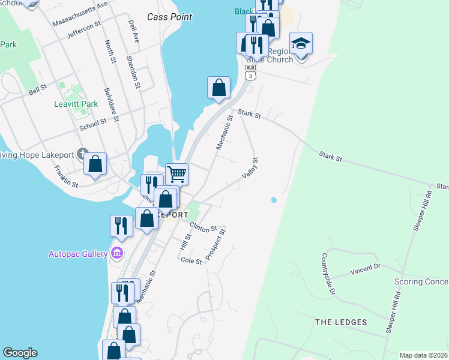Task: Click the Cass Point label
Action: click(x=170, y=17)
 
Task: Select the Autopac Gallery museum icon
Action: click(x=117, y=253)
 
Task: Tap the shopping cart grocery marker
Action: click(x=176, y=175)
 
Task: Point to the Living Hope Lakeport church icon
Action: click(x=82, y=154)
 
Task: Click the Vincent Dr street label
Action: click(x=366, y=269)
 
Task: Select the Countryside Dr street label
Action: click(x=327, y=274)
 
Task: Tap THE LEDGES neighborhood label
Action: click(x=341, y=322)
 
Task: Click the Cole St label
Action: click(x=191, y=261)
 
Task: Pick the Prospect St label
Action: click(x=215, y=244)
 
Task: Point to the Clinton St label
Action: click(x=203, y=227)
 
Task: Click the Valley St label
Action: click(x=250, y=168)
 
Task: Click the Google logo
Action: click(x=20, y=353)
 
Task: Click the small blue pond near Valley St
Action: click(x=274, y=200)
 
